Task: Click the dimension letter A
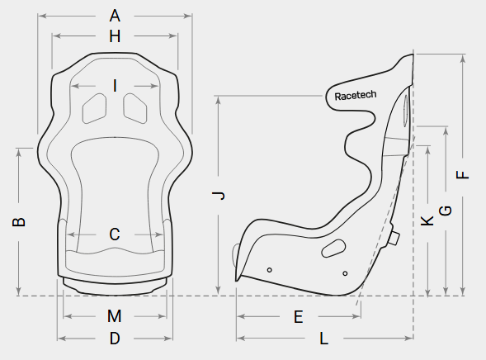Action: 115,16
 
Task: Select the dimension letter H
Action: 115,36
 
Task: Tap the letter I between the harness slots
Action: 115,86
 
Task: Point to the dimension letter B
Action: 19,222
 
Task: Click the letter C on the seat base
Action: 115,234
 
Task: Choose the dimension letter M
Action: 115,316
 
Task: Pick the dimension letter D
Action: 115,339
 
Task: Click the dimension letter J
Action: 219,196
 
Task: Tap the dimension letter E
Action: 298,317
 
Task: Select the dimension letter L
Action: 324,339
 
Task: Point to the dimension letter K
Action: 427,220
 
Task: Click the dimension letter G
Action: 446,211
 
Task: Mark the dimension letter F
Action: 462,175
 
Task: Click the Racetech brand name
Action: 356,96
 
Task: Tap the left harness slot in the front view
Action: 94,108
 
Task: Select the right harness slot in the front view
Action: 135,108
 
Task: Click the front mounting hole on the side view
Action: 269,270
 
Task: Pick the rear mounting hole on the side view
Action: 345,273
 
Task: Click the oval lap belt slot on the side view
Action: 333,248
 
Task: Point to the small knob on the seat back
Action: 394,238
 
